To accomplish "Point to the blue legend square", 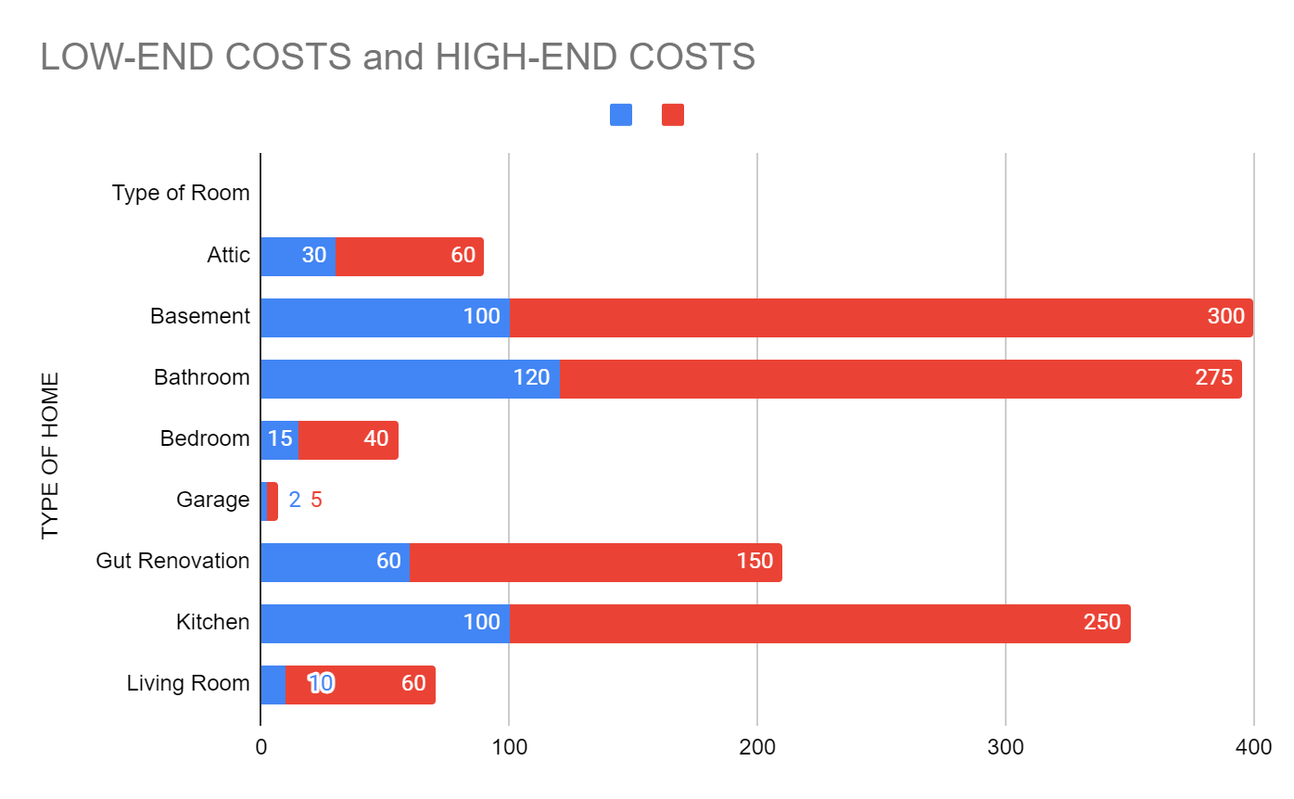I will pyautogui.click(x=621, y=115).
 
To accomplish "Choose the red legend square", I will pyautogui.click(x=673, y=115).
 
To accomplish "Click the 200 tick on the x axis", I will pyautogui.click(x=757, y=747).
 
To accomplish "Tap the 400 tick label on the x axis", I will pyautogui.click(x=1253, y=747).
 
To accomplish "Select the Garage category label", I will pyautogui.click(x=213, y=501).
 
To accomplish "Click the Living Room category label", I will pyautogui.click(x=188, y=684).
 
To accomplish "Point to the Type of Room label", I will pyautogui.click(x=181, y=194).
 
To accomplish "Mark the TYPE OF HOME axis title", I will pyautogui.click(x=50, y=455).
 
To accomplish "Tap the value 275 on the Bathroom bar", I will pyautogui.click(x=1213, y=378).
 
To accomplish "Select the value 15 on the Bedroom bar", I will pyautogui.click(x=280, y=439).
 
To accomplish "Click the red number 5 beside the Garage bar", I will pyautogui.click(x=316, y=501).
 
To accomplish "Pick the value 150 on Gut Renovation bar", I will pyautogui.click(x=755, y=562).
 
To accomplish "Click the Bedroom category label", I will pyautogui.click(x=205, y=438).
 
